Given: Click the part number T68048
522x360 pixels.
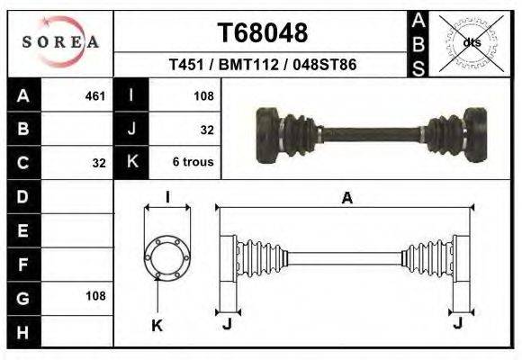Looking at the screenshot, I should coord(263,33).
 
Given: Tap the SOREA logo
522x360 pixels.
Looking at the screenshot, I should coord(59,41).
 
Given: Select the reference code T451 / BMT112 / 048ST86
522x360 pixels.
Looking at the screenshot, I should coord(263,65).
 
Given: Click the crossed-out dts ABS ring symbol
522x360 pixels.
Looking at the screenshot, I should coord(471,42).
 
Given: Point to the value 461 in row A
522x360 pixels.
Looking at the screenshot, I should coord(94,94).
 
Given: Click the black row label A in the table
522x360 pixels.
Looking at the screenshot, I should coord(23,94).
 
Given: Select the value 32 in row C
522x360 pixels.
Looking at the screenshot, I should coord(99,164).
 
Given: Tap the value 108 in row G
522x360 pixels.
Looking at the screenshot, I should coord(95,296).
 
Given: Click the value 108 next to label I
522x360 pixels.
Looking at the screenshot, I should coord(202,94).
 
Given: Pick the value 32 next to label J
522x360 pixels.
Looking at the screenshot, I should coord(207,130).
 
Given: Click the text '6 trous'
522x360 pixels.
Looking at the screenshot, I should coord(193,163).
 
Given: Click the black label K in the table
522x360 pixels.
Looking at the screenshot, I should coord(132,163).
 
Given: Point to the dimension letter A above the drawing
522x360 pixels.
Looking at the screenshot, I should coord(346,199).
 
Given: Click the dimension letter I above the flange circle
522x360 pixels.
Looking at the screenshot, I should coord(168,198).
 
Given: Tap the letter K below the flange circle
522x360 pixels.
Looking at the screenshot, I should coord(156,326).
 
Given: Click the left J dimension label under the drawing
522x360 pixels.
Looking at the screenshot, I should coord(227,324).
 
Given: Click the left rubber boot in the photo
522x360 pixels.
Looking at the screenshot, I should coord(294,134).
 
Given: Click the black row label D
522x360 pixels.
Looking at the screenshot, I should coord(23,195).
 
